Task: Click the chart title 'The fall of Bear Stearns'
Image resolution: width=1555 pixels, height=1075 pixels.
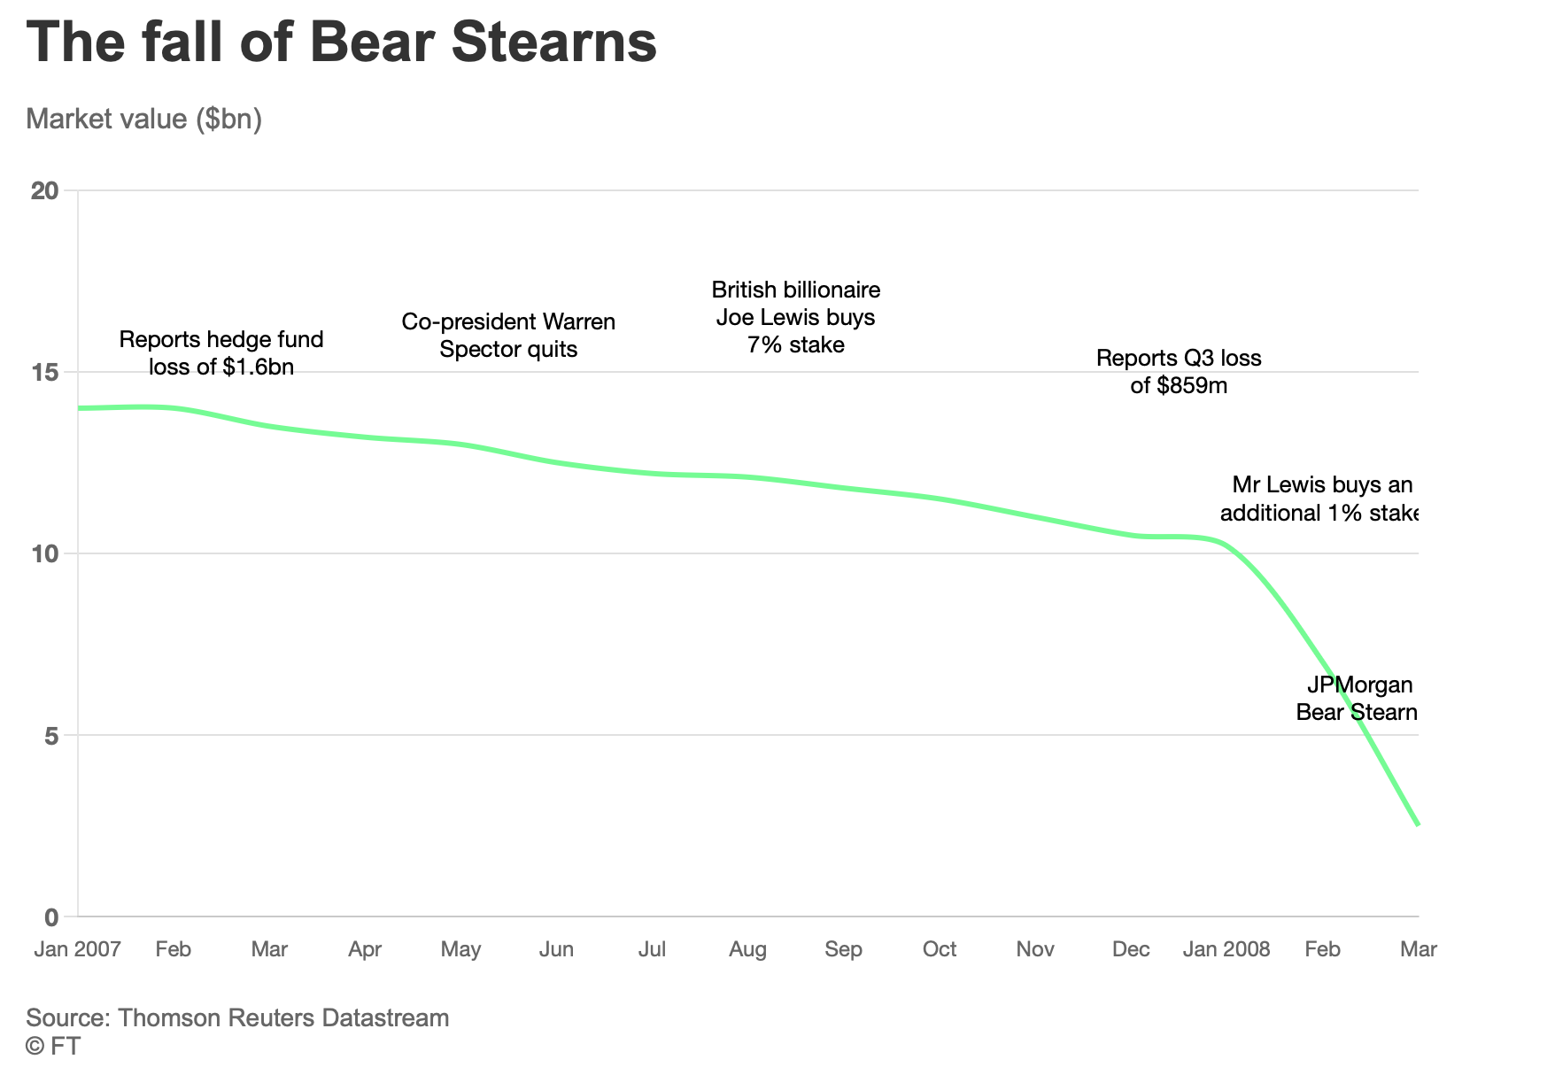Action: coord(341,42)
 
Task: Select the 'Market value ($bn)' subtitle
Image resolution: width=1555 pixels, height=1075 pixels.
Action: coord(143,119)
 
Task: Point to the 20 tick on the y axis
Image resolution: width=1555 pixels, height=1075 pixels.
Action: coord(44,190)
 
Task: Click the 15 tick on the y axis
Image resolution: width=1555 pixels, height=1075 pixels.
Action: coord(44,372)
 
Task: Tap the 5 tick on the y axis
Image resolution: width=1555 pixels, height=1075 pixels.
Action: coord(50,735)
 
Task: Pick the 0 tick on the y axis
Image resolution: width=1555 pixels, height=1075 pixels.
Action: coord(50,916)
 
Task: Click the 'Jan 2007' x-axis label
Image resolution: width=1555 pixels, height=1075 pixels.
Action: coord(77,949)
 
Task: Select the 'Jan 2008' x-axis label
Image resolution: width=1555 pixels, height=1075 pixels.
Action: coord(1226,949)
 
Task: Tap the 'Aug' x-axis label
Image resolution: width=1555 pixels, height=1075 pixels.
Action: coord(747,949)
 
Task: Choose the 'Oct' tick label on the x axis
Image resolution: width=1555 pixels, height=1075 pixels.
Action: coord(939,949)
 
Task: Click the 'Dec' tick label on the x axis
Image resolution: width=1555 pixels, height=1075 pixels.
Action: coord(1131,949)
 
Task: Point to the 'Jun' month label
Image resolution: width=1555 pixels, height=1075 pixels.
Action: coord(556,949)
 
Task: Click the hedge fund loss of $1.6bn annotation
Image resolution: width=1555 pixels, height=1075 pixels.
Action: coord(221,352)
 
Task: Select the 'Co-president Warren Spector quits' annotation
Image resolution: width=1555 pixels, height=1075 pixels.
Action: coord(508,335)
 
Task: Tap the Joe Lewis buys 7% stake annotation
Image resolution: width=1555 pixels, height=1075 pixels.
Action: coord(795,317)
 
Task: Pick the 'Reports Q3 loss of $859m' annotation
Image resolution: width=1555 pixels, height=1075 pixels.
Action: coord(1179,371)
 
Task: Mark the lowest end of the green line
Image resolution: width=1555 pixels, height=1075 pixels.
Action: coord(1418,824)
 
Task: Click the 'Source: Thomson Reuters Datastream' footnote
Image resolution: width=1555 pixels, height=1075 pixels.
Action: coord(237,1017)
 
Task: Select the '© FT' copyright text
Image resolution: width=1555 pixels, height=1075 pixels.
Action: coord(53,1046)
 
